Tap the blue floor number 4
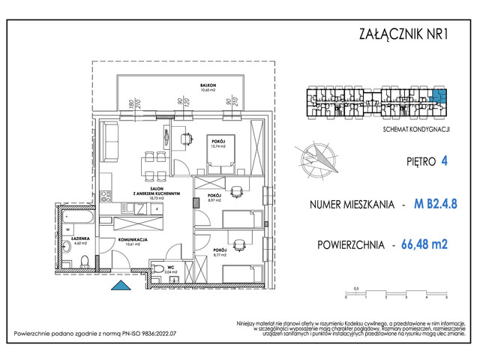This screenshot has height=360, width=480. [x=445, y=160]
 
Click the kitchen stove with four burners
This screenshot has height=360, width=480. [x=107, y=197]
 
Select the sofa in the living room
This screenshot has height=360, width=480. [x=112, y=139]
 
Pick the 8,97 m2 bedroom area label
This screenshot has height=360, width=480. [x=214, y=200]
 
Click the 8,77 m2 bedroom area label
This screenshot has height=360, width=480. [x=219, y=253]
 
